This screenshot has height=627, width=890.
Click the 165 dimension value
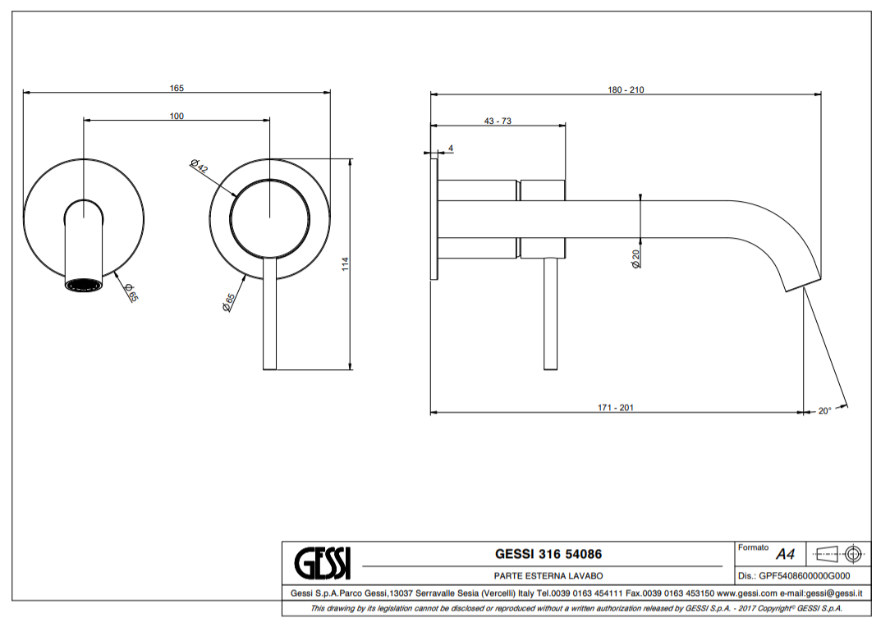pos(177,88)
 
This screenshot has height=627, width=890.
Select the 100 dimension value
pos(177,117)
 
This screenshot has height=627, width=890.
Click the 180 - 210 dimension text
pos(626,90)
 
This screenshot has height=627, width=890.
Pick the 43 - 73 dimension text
pos(498,121)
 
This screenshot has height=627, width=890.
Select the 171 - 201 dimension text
pos(616,408)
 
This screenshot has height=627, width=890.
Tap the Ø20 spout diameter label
pos(635,259)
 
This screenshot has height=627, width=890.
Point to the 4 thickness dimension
pos(451,149)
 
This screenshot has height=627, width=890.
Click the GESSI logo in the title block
pos(322,563)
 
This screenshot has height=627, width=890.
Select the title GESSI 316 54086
pos(543,555)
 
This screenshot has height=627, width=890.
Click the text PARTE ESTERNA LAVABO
pos(543,576)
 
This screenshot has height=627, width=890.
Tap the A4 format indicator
pos(785,554)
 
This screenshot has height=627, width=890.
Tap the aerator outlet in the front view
pos(84,285)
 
